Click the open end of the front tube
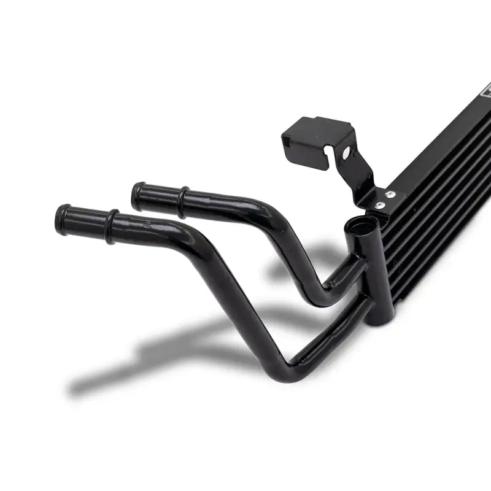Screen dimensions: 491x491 point(61,219)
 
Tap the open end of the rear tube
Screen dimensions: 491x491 point(137,196)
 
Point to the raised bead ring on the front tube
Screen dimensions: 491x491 point(111,226)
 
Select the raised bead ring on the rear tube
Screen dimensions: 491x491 point(182,203)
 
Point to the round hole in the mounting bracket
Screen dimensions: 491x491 point(346,152)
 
